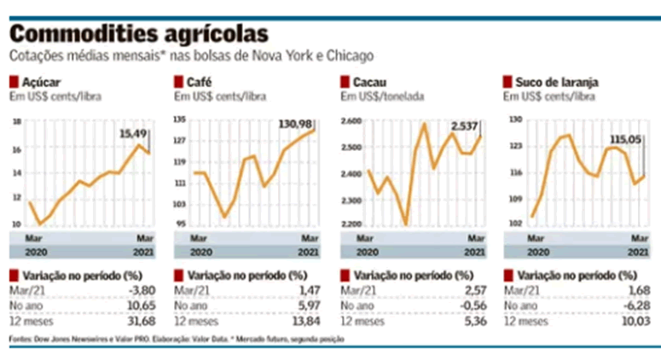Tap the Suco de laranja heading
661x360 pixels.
(556, 83)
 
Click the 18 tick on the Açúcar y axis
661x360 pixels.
(15, 121)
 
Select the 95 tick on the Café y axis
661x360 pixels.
(181, 224)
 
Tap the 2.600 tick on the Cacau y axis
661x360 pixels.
(351, 121)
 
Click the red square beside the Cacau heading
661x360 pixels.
(345, 83)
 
